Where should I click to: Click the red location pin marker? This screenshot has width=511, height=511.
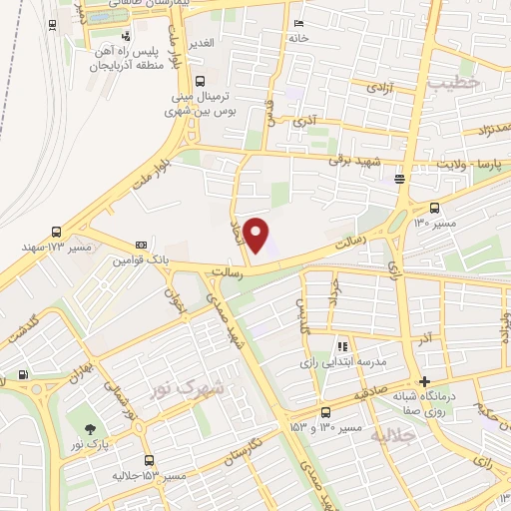coord(257,235)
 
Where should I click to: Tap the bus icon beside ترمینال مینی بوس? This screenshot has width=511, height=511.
coord(201,82)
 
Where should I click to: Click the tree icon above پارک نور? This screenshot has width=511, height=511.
coord(91,428)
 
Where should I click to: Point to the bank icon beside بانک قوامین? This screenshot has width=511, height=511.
coord(141,245)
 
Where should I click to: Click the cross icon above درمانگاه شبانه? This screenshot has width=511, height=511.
coord(425,381)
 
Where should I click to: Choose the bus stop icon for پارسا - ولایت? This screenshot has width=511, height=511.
coord(400,180)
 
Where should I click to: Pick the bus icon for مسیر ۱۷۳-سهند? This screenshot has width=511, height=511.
coord(56,231)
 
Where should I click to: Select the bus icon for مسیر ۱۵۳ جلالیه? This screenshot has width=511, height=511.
coord(150,460)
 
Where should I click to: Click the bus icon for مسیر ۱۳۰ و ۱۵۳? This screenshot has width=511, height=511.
coord(325,413)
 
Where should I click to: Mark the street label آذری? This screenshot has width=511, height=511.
coord(303,121)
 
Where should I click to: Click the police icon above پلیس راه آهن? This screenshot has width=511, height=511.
coord(125,37)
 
